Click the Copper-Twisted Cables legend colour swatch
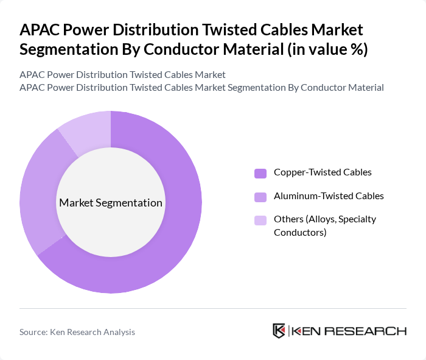[x=260, y=173]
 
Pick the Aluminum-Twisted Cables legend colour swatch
[x=260, y=197]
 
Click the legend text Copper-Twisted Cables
[x=322, y=172]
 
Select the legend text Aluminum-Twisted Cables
[x=329, y=196]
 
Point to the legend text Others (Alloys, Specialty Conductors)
[x=324, y=225]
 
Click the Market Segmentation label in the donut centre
[x=111, y=203]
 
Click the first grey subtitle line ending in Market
[x=122, y=74]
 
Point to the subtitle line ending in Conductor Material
[x=201, y=87]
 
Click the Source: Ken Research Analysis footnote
[x=77, y=332]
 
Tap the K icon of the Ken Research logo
[x=279, y=331]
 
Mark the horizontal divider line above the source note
[x=213, y=308]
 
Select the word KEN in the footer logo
[x=308, y=331]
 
